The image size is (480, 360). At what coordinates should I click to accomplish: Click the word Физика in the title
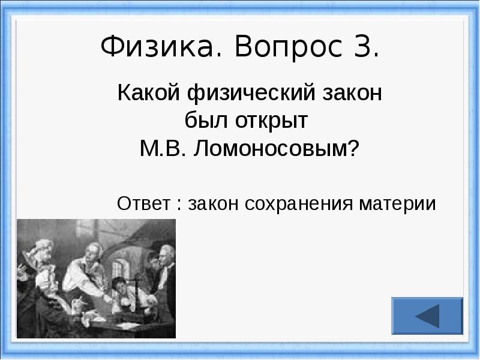157,47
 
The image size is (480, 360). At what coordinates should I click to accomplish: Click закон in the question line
352,94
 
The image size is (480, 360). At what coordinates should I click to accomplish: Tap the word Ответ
143,203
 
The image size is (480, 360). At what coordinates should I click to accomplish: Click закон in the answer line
213,204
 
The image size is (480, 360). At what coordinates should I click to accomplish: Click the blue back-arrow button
427,316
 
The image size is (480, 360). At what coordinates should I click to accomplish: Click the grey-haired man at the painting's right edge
166,269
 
